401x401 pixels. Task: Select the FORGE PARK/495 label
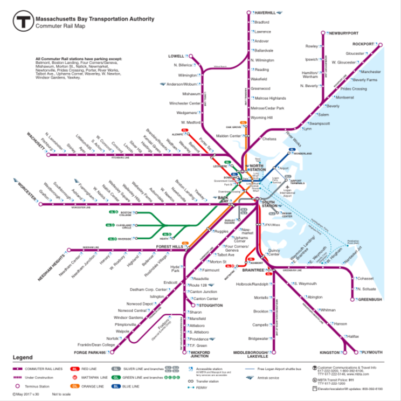coord(92,352)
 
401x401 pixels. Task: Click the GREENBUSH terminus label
coord(369,299)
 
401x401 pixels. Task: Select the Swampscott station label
coord(319,123)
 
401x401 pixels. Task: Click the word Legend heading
coord(23,357)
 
